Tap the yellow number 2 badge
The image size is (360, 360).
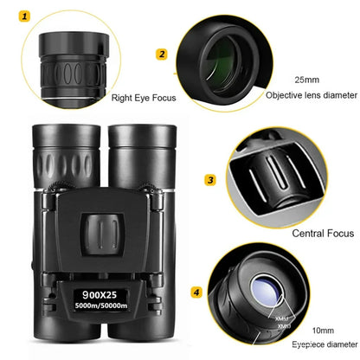pyautogui.click(x=161, y=54)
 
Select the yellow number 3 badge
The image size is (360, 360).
pyautogui.click(x=210, y=180)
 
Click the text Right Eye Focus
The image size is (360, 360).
pyautogui.click(x=144, y=98)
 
